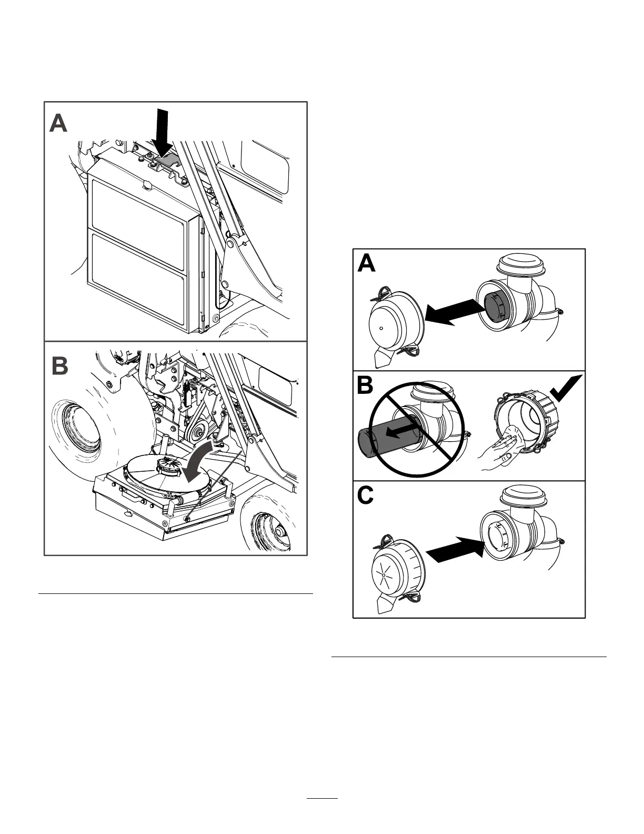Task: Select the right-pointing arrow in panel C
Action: (456, 551)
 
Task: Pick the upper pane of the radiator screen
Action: (139, 206)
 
